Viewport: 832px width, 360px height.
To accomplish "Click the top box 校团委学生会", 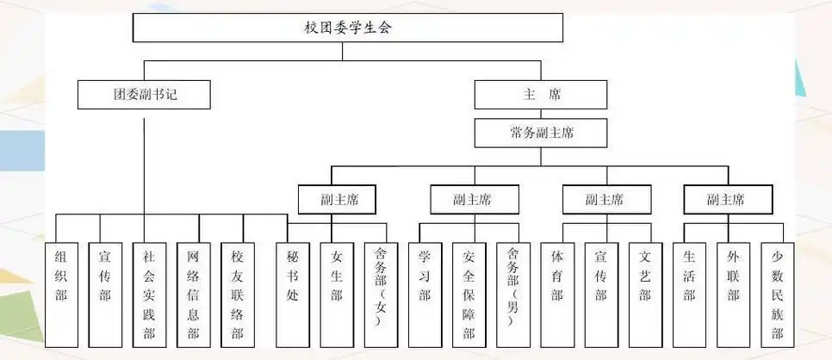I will click(x=348, y=28).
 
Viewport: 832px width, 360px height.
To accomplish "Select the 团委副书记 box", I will click(x=144, y=95).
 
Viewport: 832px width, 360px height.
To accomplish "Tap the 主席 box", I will click(x=540, y=95).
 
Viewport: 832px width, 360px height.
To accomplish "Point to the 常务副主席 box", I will click(x=540, y=133).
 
